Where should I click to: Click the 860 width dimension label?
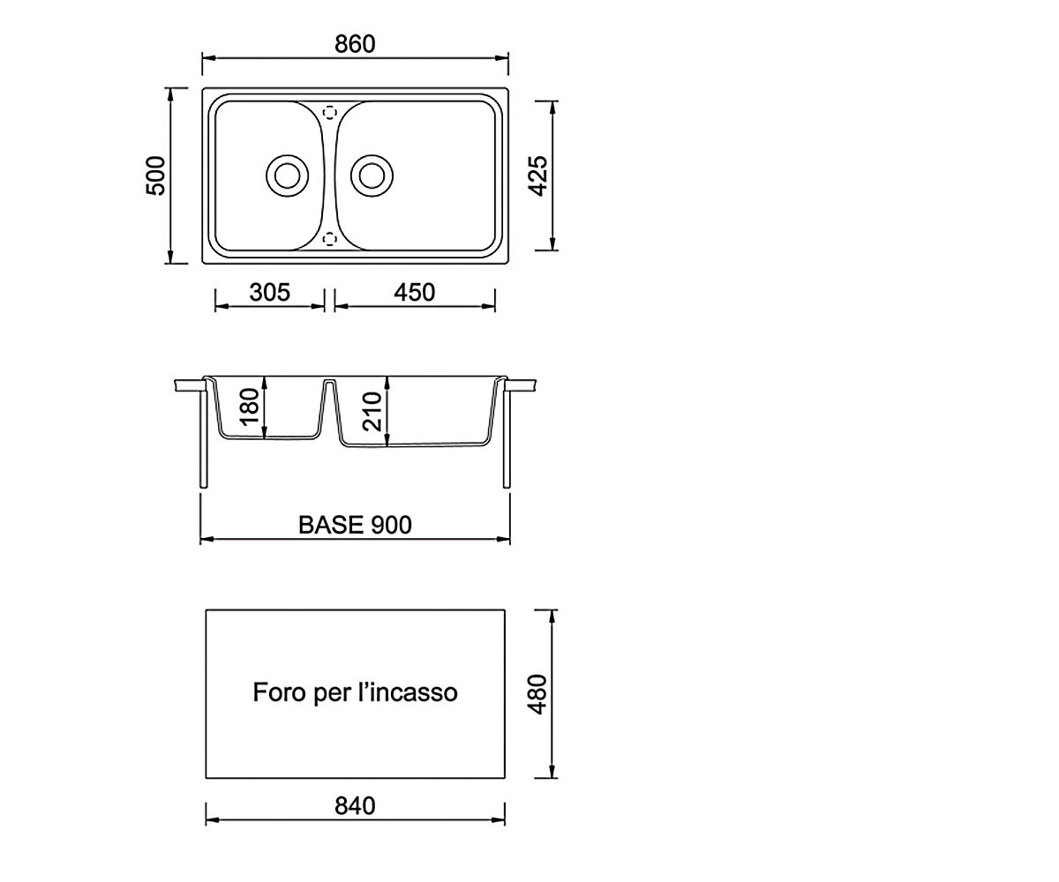[x=355, y=44]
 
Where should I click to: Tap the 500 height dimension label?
[x=155, y=176]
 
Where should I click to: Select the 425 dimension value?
[x=538, y=176]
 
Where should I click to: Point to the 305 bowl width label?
[x=269, y=293]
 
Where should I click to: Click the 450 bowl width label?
[x=415, y=293]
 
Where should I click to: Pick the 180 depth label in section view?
[x=250, y=407]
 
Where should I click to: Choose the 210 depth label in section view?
[x=372, y=411]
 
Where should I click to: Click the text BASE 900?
[x=355, y=525]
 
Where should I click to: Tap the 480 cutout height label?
[x=538, y=694]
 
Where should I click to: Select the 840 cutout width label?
[x=355, y=806]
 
